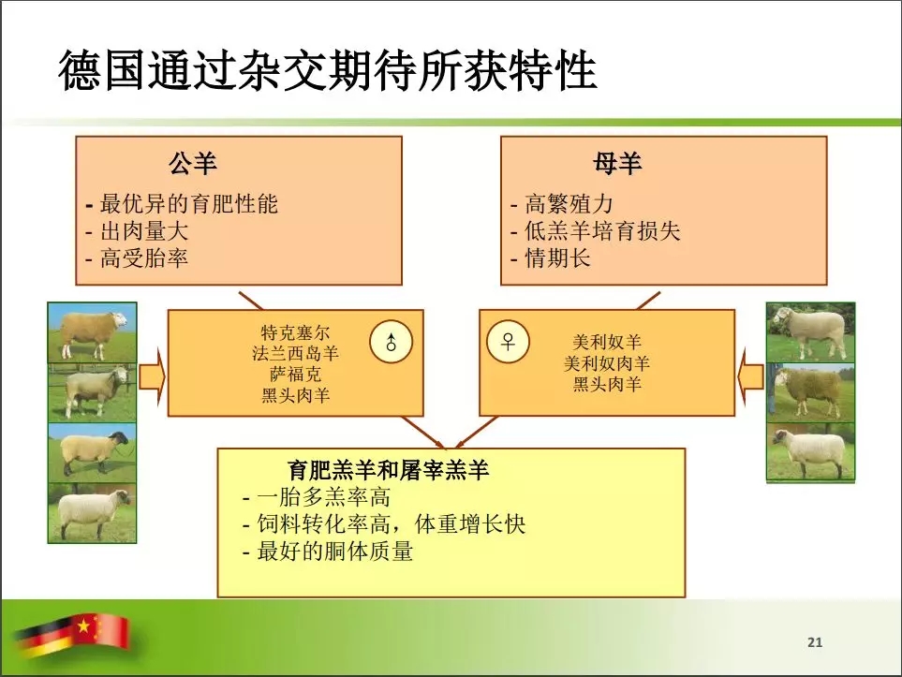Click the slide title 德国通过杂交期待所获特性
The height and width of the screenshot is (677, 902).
pyautogui.click(x=327, y=70)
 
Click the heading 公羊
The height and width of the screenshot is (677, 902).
pyautogui.click(x=193, y=163)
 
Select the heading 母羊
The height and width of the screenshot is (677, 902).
pyautogui.click(x=617, y=163)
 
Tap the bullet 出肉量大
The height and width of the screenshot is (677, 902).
pyautogui.click(x=144, y=231)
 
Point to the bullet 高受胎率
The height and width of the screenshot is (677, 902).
pyautogui.click(x=144, y=258)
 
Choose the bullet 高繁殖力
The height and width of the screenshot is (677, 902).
pyautogui.click(x=569, y=203)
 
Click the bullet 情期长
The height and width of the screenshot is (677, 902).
pyautogui.click(x=557, y=258)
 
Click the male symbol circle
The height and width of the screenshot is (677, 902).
pyautogui.click(x=392, y=342)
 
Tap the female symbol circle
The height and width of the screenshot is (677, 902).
pyautogui.click(x=508, y=342)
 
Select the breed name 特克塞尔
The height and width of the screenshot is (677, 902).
pyautogui.click(x=295, y=331)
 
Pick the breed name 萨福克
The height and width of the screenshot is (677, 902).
pyautogui.click(x=295, y=374)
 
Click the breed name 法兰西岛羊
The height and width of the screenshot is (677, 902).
pyautogui.click(x=295, y=353)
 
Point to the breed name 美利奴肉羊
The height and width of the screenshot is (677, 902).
pyautogui.click(x=607, y=363)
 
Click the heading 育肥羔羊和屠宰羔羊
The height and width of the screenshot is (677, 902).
pyautogui.click(x=389, y=469)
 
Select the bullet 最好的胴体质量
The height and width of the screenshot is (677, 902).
pyautogui.click(x=334, y=551)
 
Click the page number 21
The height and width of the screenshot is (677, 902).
pyautogui.click(x=815, y=642)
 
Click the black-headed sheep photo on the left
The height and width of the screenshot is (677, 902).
pyautogui.click(x=92, y=452)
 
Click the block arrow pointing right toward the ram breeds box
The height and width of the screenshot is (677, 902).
pyautogui.click(x=152, y=377)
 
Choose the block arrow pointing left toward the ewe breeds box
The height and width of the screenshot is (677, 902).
pyautogui.click(x=750, y=377)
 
